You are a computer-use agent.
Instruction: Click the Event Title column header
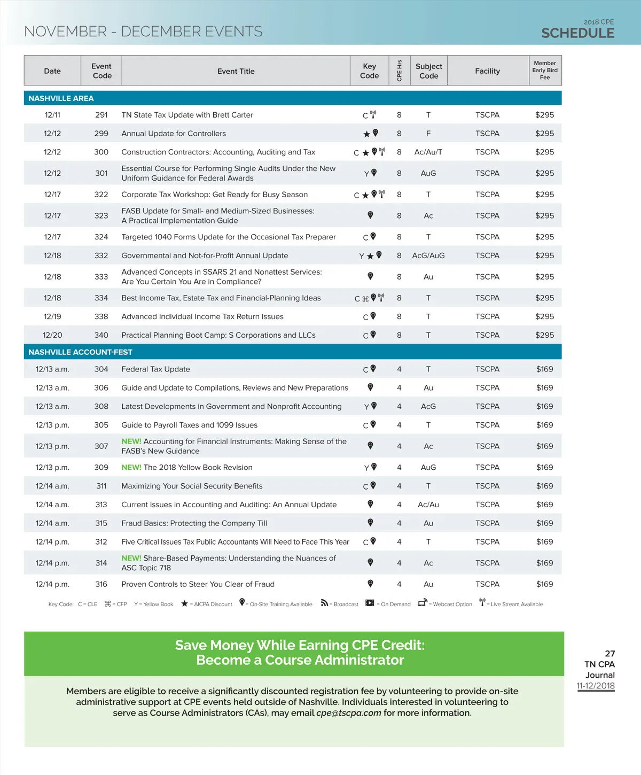(236, 71)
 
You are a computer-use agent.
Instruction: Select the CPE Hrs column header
(399, 71)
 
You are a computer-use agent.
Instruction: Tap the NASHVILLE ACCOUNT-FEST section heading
(80, 352)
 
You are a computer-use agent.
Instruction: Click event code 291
(101, 115)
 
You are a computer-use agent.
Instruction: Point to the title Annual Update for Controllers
(174, 134)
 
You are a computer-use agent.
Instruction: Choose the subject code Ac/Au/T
(428, 152)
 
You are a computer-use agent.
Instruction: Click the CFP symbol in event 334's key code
(365, 299)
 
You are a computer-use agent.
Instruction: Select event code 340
(101, 335)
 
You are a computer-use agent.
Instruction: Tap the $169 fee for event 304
(544, 369)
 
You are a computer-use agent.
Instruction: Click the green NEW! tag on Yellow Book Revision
(131, 468)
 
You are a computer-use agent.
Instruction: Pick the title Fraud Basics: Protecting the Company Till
(194, 523)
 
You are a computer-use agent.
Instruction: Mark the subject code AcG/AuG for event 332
(428, 255)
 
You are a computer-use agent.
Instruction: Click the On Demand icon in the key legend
(370, 603)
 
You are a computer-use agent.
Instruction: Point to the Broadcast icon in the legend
(324, 603)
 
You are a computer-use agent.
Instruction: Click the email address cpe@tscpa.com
(349, 713)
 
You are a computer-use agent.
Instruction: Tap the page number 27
(609, 654)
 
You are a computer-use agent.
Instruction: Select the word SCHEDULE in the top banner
(577, 33)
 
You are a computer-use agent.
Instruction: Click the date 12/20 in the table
(52, 335)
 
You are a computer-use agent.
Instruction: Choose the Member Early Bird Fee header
(544, 71)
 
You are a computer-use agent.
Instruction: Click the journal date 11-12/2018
(596, 686)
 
